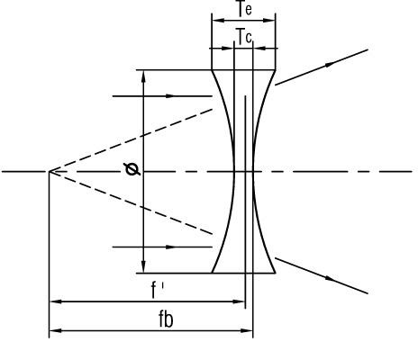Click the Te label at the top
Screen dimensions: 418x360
[244, 8]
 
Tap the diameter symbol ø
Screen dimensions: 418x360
[132, 169]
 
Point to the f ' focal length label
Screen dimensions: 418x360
[158, 290]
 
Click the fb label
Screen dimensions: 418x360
[166, 319]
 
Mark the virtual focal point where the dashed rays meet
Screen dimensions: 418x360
[50, 171]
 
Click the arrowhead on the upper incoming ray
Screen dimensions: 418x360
[170, 96]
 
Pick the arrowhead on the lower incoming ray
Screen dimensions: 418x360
[170, 247]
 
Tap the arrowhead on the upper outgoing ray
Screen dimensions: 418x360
[330, 64]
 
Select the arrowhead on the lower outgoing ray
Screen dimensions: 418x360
[330, 279]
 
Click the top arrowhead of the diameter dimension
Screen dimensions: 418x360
[143, 76]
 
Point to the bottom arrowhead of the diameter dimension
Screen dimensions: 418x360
[143, 267]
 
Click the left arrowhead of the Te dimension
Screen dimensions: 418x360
[218, 21]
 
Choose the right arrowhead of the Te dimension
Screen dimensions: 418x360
[269, 21]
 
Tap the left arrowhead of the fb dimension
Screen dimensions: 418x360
[56, 330]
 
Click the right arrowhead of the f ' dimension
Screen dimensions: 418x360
[240, 301]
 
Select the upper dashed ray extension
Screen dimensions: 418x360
[131, 140]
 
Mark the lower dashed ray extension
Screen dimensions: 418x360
[131, 202]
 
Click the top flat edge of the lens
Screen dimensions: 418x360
[243, 70]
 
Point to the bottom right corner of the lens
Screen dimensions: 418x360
[275, 273]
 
